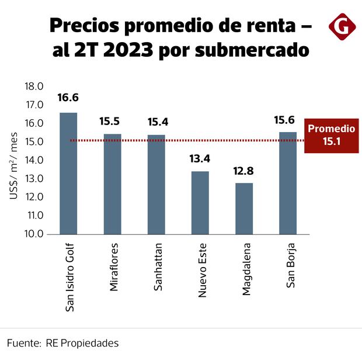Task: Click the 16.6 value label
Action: (68, 98)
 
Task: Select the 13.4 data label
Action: (200, 159)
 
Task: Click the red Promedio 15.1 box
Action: (330, 135)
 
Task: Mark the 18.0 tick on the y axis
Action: (34, 86)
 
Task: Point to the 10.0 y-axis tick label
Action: (34, 234)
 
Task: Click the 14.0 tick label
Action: (34, 160)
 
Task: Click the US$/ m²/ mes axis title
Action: (14, 165)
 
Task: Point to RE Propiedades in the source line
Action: (82, 342)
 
